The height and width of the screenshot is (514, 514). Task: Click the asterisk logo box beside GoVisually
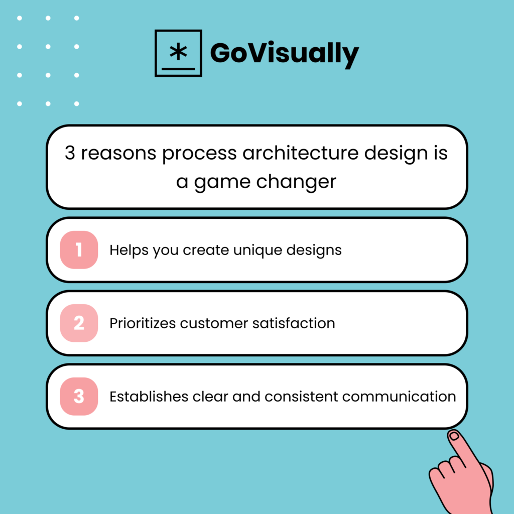pos(178,53)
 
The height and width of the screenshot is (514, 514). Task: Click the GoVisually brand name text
pos(284,53)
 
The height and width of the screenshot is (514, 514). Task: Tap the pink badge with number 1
pos(79,250)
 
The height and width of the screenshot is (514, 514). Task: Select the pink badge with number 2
pos(79,323)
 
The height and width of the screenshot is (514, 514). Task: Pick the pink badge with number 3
pos(79,397)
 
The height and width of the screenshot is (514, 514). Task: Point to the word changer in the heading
pos(296,181)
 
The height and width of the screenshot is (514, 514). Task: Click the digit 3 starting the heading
pos(70,153)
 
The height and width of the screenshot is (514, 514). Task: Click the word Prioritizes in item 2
pos(143,323)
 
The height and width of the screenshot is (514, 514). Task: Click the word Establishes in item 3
pos(149,397)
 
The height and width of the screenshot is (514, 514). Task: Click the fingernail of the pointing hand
pos(454,436)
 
